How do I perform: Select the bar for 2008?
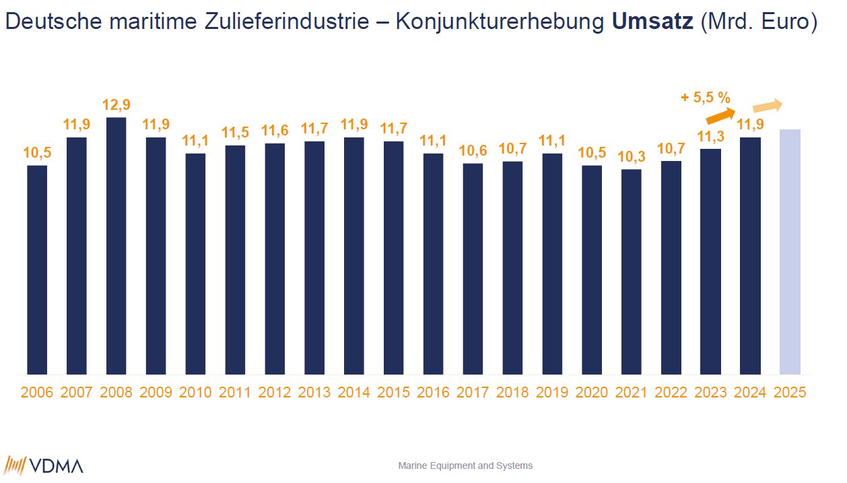pyautogui.click(x=116, y=246)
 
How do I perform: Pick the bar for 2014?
pyautogui.click(x=354, y=256)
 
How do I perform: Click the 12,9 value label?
pyautogui.click(x=116, y=106)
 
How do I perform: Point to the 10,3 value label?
pyautogui.click(x=632, y=158)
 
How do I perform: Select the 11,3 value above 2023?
pyautogui.click(x=711, y=137)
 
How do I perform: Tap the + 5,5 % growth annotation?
pyautogui.click(x=706, y=98)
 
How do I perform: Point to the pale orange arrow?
pyautogui.click(x=768, y=106)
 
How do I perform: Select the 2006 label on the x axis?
pyautogui.click(x=37, y=393)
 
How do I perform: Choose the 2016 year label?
pyautogui.click(x=434, y=393)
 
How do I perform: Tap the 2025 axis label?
pyautogui.click(x=790, y=393)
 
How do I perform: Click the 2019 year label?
pyautogui.click(x=553, y=393)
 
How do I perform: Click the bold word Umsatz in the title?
pyautogui.click(x=652, y=22)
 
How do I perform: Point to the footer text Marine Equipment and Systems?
pyautogui.click(x=465, y=465)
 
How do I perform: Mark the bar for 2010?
pyautogui.click(x=195, y=264)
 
